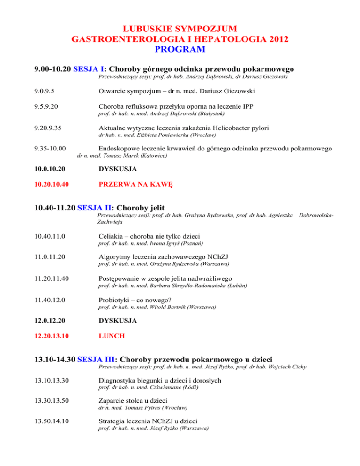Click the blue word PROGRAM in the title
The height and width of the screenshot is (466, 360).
(x=180, y=48)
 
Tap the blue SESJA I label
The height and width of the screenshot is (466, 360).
(x=89, y=68)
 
